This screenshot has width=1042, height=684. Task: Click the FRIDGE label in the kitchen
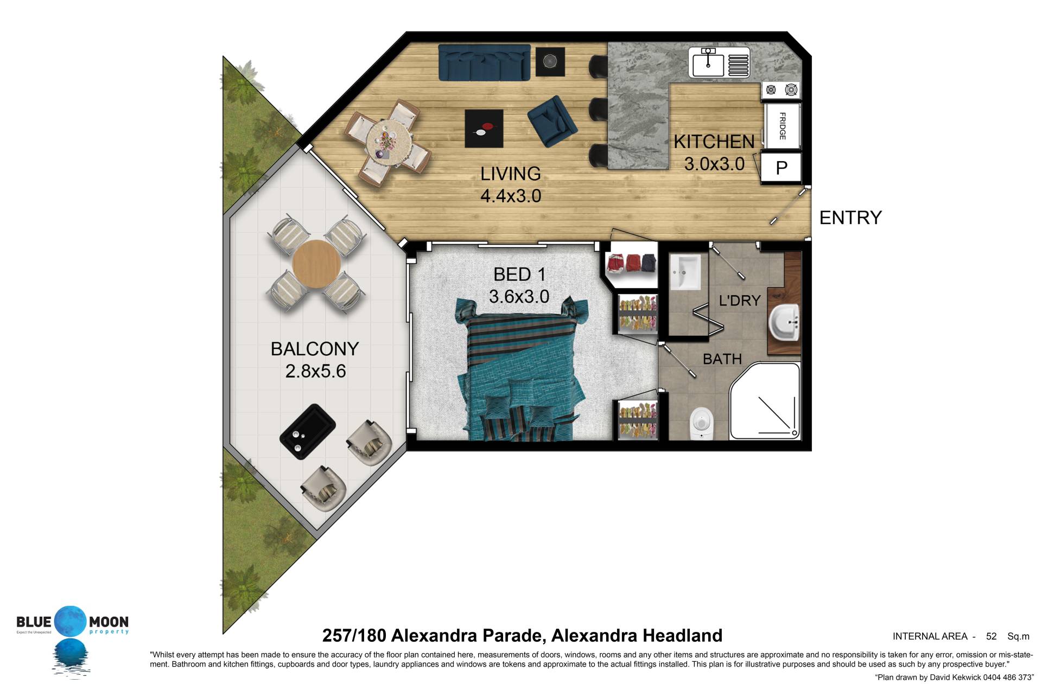point(782,126)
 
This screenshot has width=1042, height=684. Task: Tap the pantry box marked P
point(781,167)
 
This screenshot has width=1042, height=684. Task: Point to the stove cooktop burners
point(781,90)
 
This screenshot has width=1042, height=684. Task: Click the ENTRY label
point(850,218)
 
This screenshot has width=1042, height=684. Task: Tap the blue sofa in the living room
point(484,62)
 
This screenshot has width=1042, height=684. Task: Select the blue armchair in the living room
point(552,122)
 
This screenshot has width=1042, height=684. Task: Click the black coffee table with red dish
point(484,129)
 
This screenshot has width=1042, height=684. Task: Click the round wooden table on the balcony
point(316,265)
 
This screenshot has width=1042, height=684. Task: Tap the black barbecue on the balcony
point(307,432)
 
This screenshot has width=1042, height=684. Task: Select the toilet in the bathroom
point(701,423)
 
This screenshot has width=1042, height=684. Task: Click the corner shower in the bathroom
point(765,401)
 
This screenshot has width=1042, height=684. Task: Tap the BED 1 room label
point(519,274)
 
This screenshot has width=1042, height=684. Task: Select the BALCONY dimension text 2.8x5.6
point(315,371)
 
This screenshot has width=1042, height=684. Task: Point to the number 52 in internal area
point(991,636)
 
